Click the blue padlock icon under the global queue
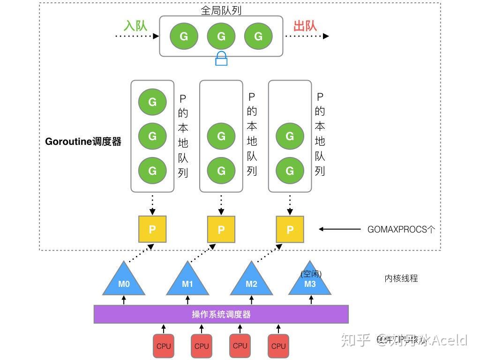[221, 59]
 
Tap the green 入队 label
[135, 25]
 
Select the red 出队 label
[305, 25]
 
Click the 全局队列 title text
[221, 10]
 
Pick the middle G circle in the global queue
[221, 36]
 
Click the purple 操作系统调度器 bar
[221, 314]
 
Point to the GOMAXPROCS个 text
[401, 229]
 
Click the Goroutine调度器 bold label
[83, 142]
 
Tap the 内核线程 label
[401, 278]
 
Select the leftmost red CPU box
[164, 346]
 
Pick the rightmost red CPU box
[278, 346]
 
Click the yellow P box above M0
[152, 229]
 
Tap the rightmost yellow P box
[290, 229]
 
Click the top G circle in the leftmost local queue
[152, 102]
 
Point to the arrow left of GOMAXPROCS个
[340, 229]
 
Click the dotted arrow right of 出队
[307, 36]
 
